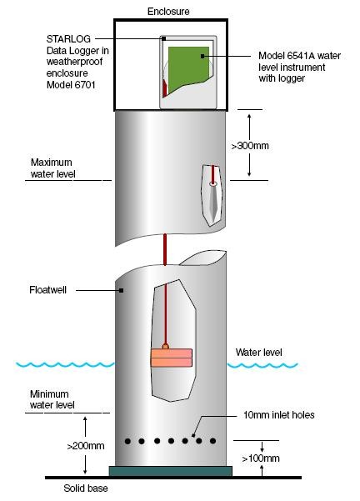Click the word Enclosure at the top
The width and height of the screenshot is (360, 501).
tap(168, 12)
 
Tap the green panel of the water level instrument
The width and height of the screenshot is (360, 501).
tap(188, 66)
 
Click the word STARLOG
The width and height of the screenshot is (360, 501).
tap(68, 39)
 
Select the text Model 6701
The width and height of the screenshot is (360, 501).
tap(71, 85)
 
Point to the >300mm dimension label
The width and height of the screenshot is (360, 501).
tap(250, 146)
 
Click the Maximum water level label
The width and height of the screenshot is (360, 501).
tap(53, 168)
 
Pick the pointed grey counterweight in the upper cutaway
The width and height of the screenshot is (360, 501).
tap(213, 201)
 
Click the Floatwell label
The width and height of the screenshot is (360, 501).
tap(47, 290)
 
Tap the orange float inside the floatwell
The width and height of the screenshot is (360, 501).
tap(172, 358)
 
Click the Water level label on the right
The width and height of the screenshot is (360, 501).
tap(258, 353)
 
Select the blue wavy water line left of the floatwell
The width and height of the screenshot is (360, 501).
tap(65, 364)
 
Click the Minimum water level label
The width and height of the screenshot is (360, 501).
tap(52, 399)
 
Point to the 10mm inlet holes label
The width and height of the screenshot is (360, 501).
tap(279, 415)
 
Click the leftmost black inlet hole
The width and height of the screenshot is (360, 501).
tap(127, 441)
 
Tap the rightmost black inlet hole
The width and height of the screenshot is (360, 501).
tap(212, 441)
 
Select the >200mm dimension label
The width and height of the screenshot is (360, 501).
tap(86, 446)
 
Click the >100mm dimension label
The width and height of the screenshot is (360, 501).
tap(261, 458)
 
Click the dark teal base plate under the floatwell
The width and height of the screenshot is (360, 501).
tap(171, 471)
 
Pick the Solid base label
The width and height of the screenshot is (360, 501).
tap(86, 488)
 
